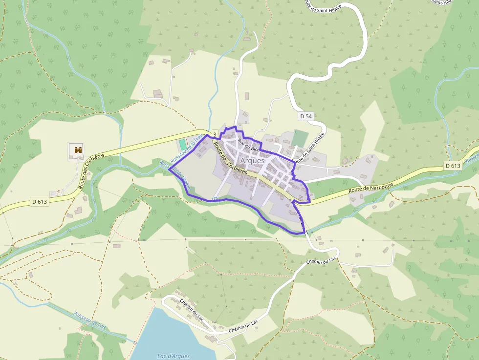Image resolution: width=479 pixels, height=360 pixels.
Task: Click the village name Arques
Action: pos(252,160)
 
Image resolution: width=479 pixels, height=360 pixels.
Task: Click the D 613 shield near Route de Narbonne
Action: pos(453,166)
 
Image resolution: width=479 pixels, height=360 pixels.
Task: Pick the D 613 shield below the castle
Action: pos(40,201)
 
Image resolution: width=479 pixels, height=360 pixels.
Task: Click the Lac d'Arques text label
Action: pos(174,356)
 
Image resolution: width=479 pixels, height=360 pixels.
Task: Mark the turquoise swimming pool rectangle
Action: pos(182,145)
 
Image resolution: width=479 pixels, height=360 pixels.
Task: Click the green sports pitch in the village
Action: pos(299,137)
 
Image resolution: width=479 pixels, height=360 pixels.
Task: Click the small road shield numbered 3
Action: pos(215,134)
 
